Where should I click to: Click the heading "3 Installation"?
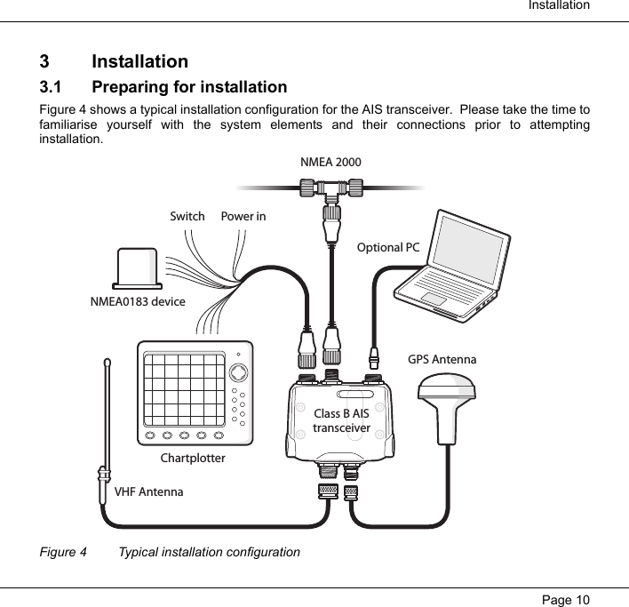[x=114, y=62]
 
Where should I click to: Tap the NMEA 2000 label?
[x=330, y=163]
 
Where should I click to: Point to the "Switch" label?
[x=187, y=217]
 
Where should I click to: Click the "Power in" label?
[x=243, y=217]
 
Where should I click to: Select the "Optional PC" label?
[x=387, y=247]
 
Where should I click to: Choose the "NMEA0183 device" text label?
[x=138, y=302]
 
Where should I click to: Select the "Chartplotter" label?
[x=193, y=459]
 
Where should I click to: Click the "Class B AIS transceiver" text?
[x=341, y=421]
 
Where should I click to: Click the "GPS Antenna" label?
[x=442, y=360]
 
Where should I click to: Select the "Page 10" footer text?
[x=566, y=597]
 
